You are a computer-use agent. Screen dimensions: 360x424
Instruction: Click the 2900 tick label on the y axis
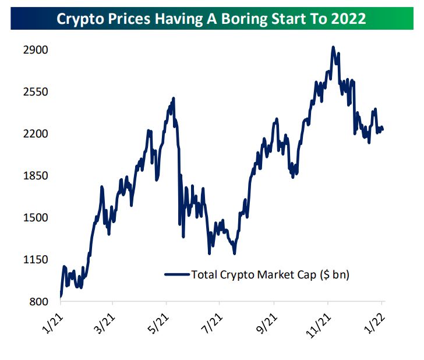[35, 50]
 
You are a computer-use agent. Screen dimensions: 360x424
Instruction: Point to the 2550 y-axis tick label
[35, 92]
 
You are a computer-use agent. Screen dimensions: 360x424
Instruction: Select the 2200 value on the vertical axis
[35, 134]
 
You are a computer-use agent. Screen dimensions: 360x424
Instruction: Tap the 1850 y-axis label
[35, 176]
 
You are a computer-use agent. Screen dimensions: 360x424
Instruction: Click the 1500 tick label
[35, 218]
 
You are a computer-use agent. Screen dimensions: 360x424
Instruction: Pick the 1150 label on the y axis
[35, 260]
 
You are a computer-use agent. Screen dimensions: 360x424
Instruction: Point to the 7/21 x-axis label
[212, 321]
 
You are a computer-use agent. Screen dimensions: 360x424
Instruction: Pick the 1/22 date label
[375, 321]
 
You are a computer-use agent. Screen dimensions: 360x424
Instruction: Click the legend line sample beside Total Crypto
[177, 274]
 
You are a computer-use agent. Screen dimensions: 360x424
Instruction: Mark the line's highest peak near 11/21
[333, 47]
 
